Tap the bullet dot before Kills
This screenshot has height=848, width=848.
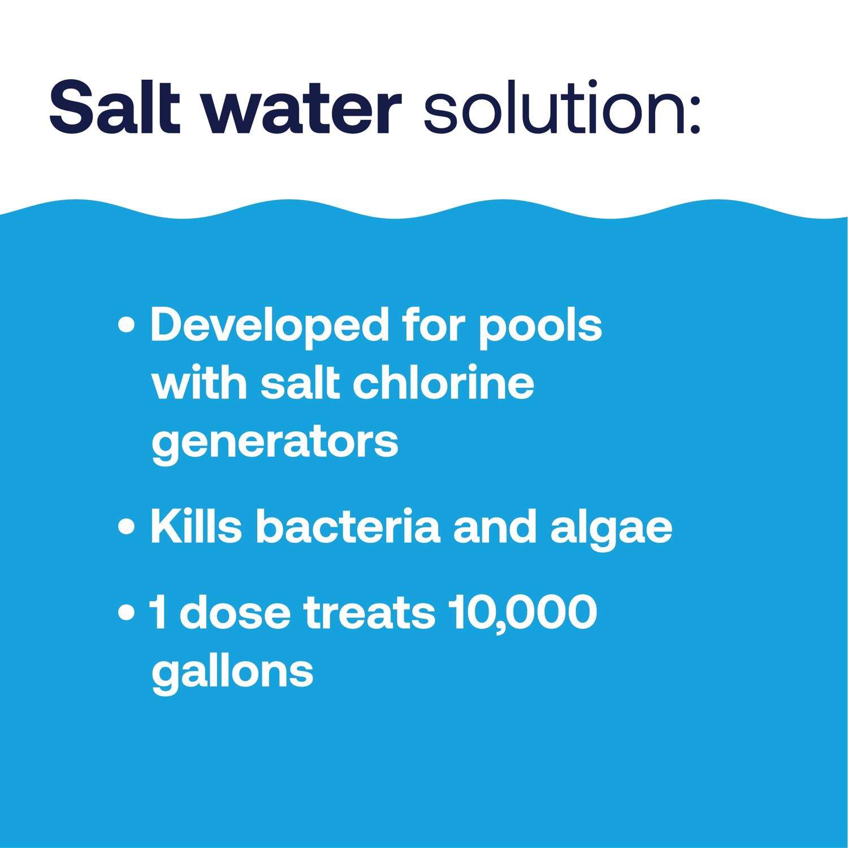pyautogui.click(x=128, y=527)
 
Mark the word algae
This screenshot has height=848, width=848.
pyautogui.click(x=611, y=530)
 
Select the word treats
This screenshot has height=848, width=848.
pyautogui.click(x=370, y=613)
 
